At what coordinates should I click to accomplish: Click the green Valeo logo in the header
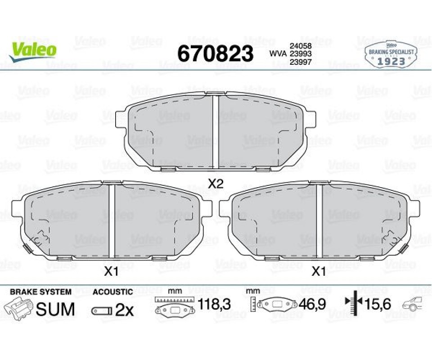tap(32, 51)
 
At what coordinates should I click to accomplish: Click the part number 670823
tap(215, 54)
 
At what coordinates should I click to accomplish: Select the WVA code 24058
tap(300, 46)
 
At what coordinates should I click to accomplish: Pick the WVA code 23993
tap(300, 54)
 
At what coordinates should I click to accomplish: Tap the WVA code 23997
tap(300, 62)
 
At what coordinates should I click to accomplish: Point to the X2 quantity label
tap(215, 184)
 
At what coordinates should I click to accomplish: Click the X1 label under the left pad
tap(111, 272)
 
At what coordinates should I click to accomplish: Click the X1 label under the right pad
tap(319, 272)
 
